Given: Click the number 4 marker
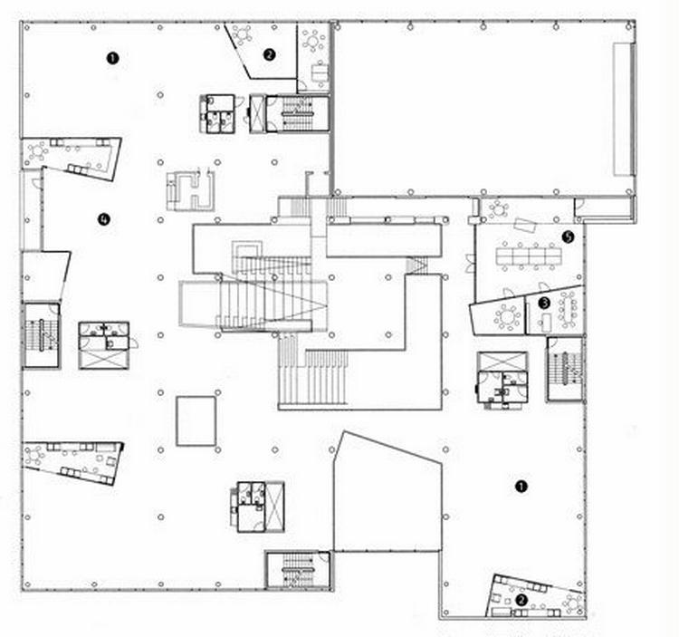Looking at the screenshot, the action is click(103, 219).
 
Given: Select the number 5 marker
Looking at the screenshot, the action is click(568, 236).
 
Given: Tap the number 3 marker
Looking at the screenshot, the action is click(544, 303).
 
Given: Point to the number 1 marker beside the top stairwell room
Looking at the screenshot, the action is click(112, 58).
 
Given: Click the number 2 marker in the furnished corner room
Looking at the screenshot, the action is click(521, 600).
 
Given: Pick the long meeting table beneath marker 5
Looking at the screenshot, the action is click(529, 256).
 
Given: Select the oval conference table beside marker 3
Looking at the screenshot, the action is click(568, 310).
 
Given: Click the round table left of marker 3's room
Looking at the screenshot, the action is click(506, 316).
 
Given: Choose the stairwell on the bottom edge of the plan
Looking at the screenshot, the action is click(298, 570).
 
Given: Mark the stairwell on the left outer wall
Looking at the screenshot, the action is click(41, 335).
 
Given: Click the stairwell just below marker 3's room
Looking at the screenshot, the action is click(565, 369).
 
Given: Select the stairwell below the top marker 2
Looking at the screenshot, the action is click(297, 113).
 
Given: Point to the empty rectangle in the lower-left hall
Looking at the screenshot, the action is click(196, 420).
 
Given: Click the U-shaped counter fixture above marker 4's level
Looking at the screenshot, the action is click(191, 191).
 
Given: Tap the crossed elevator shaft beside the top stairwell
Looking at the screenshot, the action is click(257, 113).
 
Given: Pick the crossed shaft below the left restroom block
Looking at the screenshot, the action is click(104, 359).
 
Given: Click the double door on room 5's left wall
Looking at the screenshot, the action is click(470, 264).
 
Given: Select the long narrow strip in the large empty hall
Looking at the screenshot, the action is click(624, 110).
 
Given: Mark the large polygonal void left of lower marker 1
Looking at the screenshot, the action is click(387, 492).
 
